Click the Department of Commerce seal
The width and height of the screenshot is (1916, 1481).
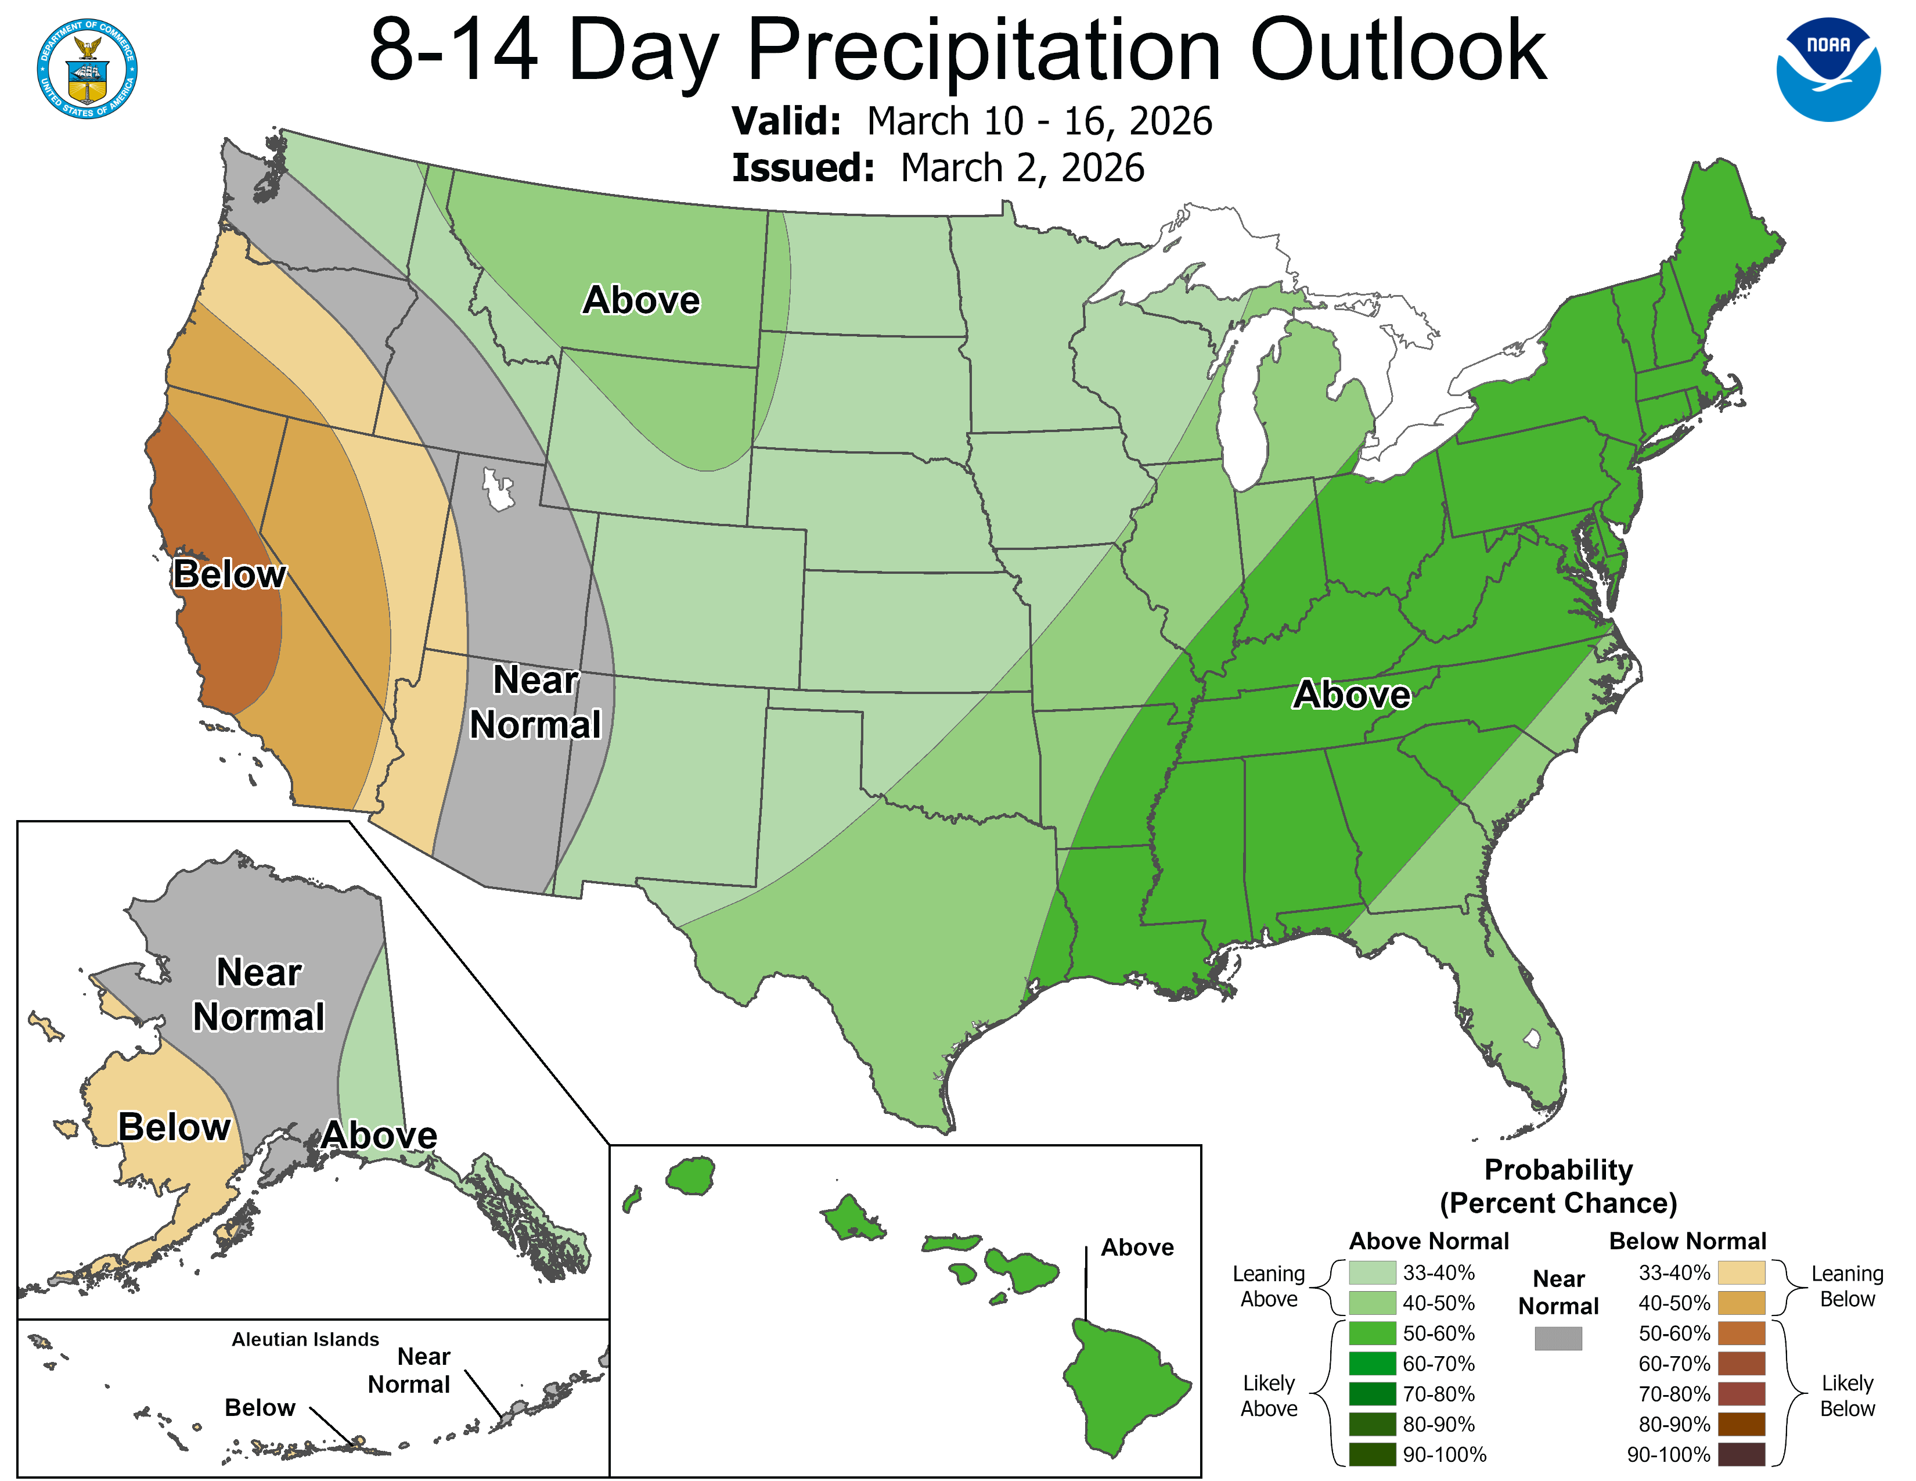tap(87, 69)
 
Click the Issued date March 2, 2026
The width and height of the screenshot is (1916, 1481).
tap(1022, 168)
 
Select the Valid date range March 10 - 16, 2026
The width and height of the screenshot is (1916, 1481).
tap(1040, 121)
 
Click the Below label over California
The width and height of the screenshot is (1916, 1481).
tap(229, 574)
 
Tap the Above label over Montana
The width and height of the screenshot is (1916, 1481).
tap(642, 300)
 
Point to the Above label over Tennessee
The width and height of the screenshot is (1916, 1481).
tap(1352, 695)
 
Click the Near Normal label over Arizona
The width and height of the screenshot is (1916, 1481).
tap(535, 702)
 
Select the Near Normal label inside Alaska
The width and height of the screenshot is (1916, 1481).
tap(259, 995)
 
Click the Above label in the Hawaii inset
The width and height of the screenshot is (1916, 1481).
tap(1137, 1248)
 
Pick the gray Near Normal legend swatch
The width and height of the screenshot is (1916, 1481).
tap(1558, 1338)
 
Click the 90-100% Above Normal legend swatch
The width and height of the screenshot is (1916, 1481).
tap(1372, 1455)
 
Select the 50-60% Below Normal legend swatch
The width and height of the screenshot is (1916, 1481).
tap(1741, 1333)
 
